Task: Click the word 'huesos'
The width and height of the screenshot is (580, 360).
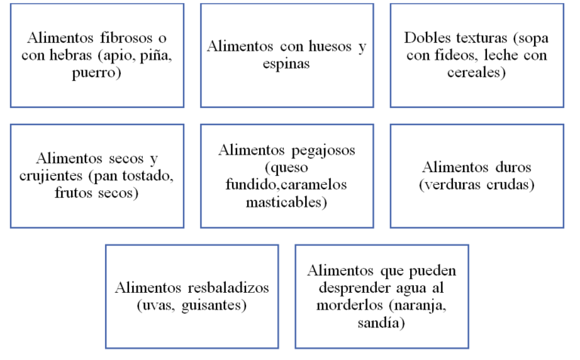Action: [x=330, y=47]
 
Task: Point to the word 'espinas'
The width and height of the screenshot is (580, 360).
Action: [x=286, y=64]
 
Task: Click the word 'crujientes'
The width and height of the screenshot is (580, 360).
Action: [x=51, y=176]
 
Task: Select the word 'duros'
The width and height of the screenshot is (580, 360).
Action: [x=513, y=168]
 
